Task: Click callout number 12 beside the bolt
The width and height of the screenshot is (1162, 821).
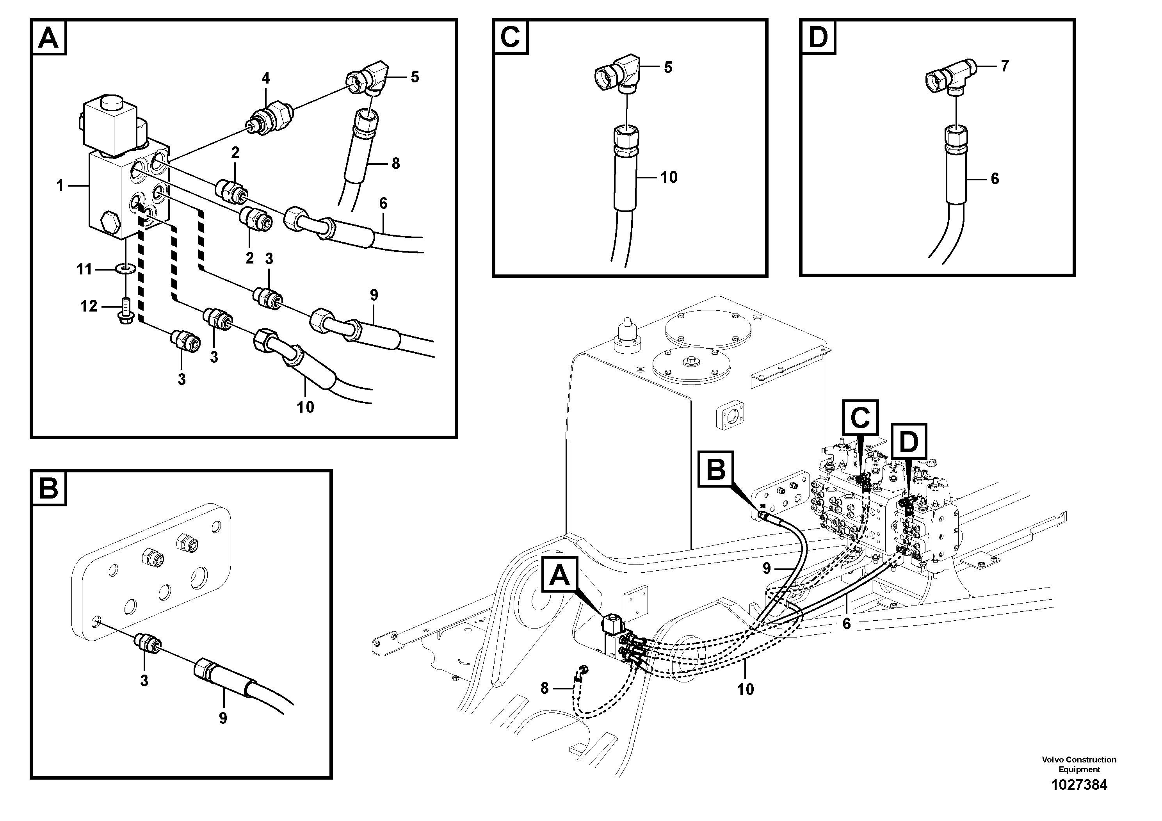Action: (89, 306)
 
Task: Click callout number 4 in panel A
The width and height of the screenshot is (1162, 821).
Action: (266, 78)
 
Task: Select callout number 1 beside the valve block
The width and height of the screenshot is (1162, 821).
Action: (60, 186)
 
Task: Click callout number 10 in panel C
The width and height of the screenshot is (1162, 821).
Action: (669, 177)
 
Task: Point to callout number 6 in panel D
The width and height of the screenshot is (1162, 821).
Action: (995, 179)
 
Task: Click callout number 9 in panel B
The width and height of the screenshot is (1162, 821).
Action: (223, 718)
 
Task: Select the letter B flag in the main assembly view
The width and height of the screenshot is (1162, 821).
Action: (715, 469)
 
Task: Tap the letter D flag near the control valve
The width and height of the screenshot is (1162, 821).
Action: (908, 442)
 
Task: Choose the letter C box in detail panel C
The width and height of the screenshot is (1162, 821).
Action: (510, 37)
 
